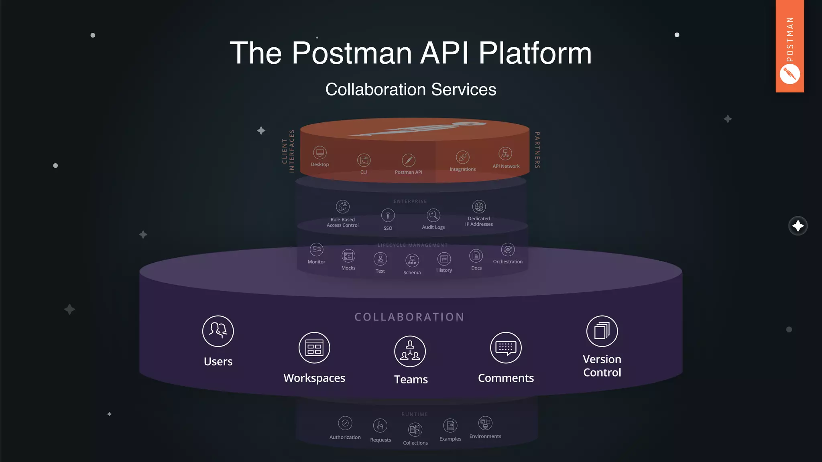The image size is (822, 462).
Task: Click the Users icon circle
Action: coord(218,331)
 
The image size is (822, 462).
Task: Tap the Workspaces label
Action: coord(314,378)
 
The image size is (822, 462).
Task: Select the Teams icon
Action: coord(410,351)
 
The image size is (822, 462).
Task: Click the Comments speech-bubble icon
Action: coord(506,348)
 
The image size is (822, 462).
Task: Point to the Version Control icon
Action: coord(602,331)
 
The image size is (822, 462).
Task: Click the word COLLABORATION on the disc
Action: coord(409,317)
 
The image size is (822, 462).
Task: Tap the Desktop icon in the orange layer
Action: coord(320,153)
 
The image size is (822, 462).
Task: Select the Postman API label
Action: coord(408,172)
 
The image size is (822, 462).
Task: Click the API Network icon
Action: coord(505,154)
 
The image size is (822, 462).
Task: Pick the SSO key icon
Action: coord(388,215)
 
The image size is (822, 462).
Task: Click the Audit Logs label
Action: coord(433,227)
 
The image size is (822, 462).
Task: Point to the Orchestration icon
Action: coord(508,249)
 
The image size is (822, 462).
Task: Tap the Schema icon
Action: coord(412,261)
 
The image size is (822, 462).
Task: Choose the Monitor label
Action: coord(316,262)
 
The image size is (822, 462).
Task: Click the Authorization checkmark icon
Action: coord(345,423)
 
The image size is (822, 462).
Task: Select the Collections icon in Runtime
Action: coord(415,430)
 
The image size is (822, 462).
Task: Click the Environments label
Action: coord(485,436)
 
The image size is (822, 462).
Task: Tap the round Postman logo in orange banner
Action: coord(789,74)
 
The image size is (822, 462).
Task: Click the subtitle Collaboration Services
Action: coord(411,89)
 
